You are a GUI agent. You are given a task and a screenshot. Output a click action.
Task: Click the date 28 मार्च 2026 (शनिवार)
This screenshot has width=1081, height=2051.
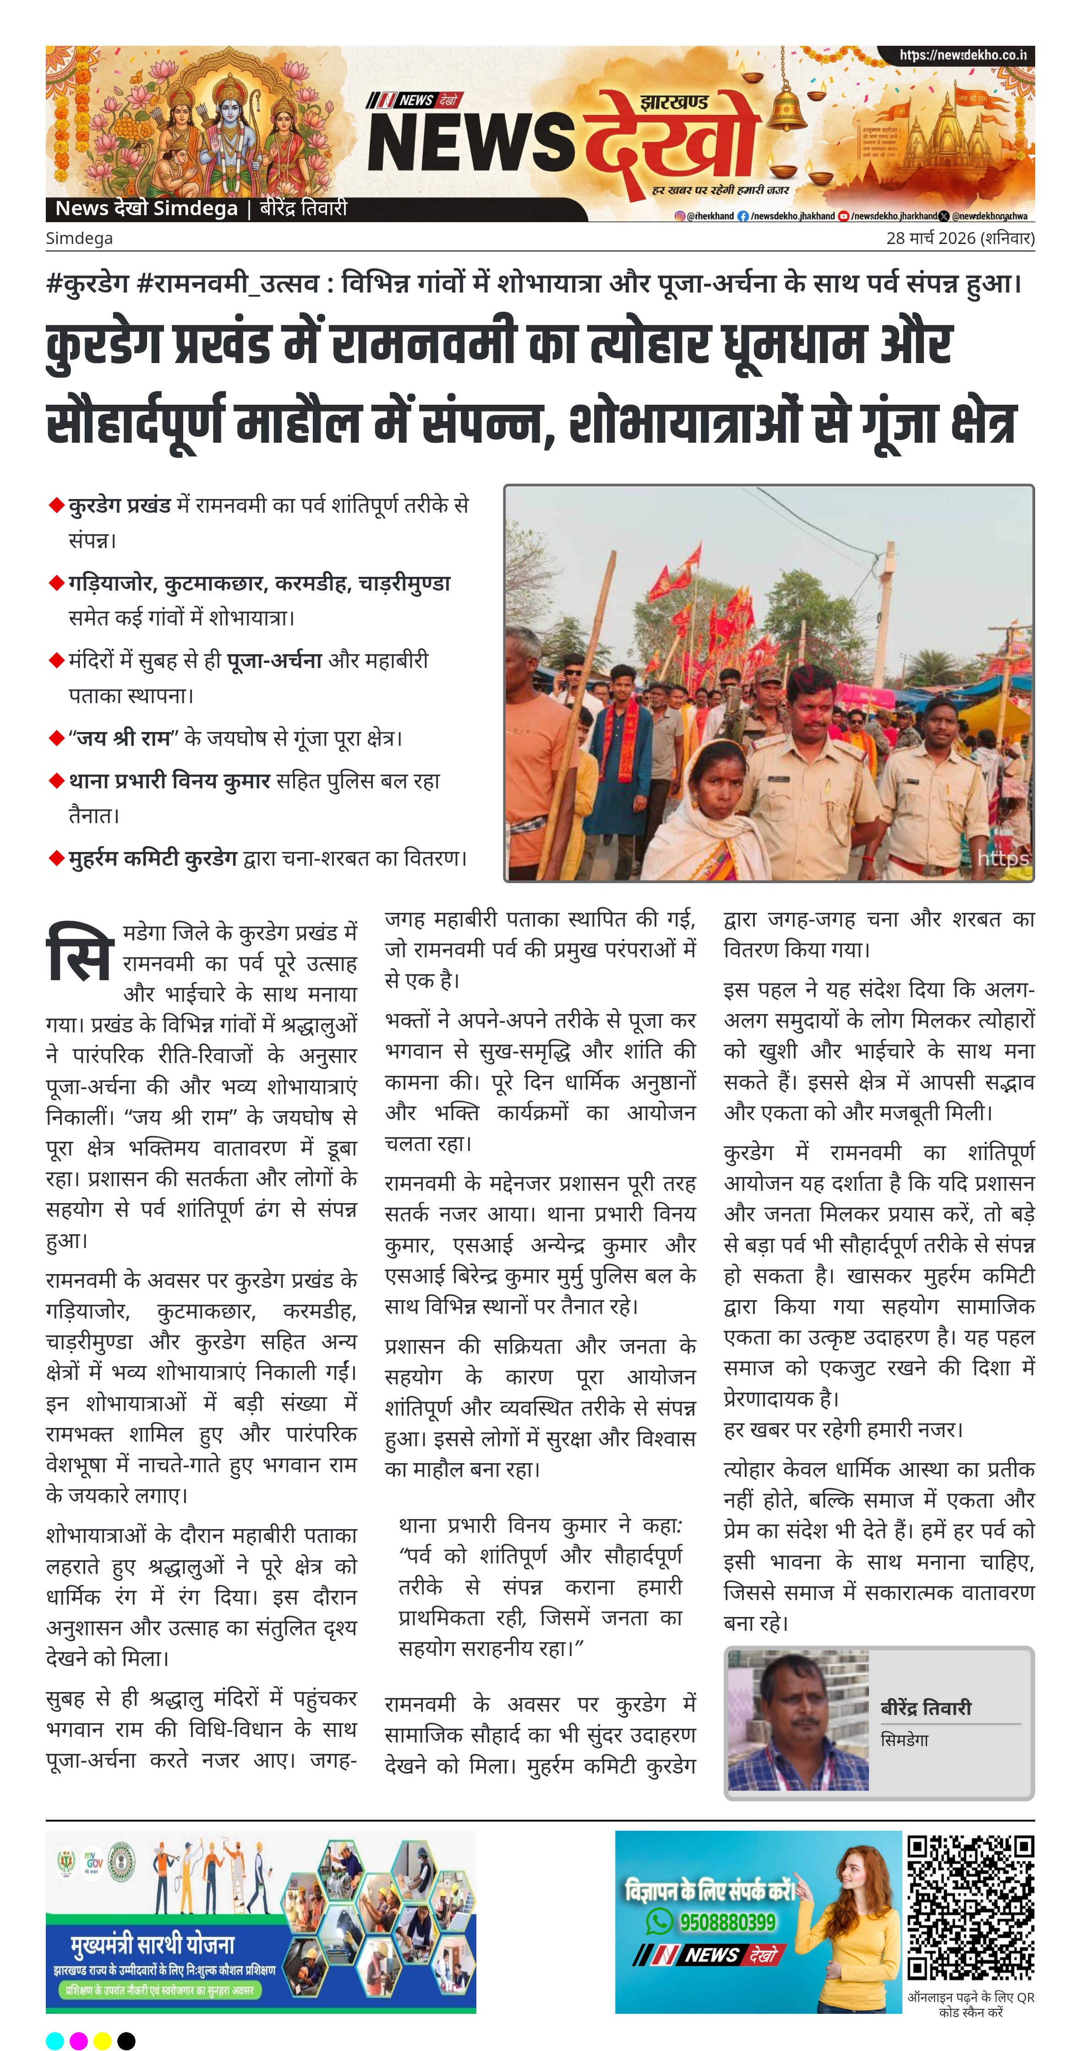pos(960,238)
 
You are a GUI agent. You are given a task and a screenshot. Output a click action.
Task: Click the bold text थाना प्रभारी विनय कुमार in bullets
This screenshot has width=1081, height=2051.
pos(169,781)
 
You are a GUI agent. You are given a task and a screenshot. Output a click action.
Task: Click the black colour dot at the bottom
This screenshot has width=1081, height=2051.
pos(126,2040)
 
